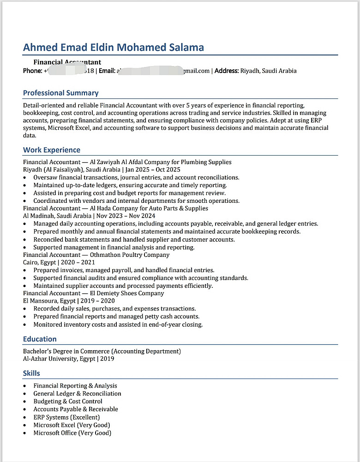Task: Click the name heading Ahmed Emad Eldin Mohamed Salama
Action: coord(113,47)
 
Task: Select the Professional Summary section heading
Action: coord(60,93)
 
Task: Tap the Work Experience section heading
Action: coord(52,150)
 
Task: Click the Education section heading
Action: coord(40,339)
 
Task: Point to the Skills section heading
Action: coord(31,373)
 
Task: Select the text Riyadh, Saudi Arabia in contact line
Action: coord(269,71)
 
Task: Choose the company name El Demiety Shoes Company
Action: coord(127,293)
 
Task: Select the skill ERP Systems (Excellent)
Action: coord(66,417)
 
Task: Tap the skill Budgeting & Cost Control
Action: coord(68,401)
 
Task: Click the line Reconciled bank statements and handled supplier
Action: coord(134,239)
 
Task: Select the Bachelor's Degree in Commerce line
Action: coord(102,351)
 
